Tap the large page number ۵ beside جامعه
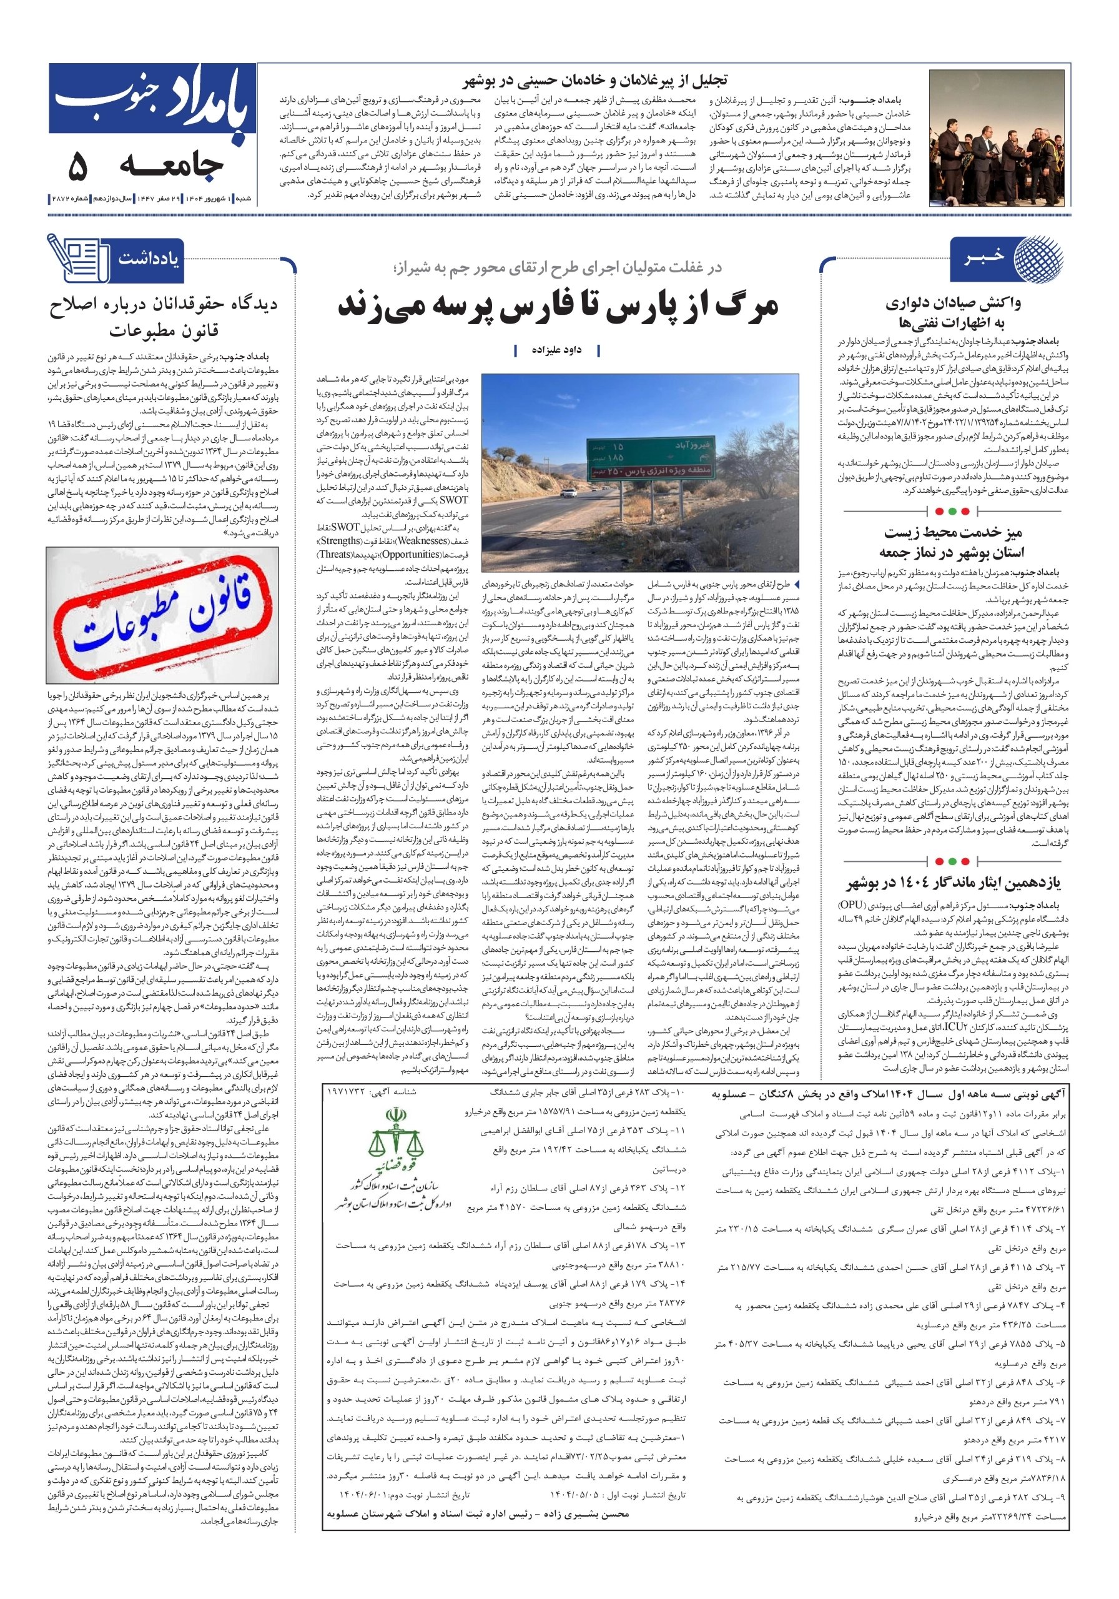pyautogui.click(x=78, y=166)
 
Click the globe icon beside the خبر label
pyautogui.click(x=1038, y=259)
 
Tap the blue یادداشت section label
pyautogui.click(x=147, y=260)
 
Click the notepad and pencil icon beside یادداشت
pyautogui.click(x=77, y=259)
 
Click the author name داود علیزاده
pyautogui.click(x=556, y=350)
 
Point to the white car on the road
pyautogui.click(x=568, y=492)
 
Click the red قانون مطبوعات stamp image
pyautogui.click(x=162, y=614)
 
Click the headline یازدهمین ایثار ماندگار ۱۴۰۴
pyautogui.click(x=954, y=883)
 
